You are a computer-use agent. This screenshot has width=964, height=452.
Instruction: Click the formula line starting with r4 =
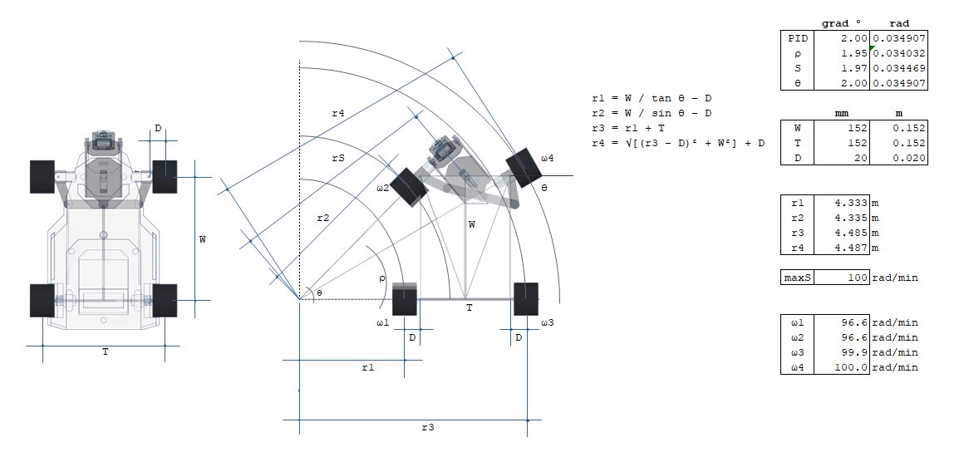tap(677, 144)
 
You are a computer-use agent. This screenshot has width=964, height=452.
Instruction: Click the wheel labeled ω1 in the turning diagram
tap(404, 299)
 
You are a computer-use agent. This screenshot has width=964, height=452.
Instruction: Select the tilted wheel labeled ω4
tap(524, 168)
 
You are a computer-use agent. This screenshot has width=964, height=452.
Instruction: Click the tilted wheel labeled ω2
tap(409, 187)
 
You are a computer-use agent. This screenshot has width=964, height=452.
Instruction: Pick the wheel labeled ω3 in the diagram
tap(525, 299)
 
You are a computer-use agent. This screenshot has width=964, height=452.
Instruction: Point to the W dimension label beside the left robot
tap(203, 239)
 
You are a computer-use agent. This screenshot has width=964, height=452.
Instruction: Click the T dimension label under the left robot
tap(105, 352)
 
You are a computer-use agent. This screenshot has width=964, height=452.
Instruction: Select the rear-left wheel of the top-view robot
tap(42, 300)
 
